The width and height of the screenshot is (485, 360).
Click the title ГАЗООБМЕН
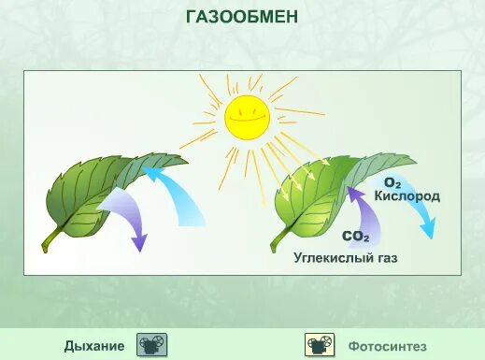tap(242, 17)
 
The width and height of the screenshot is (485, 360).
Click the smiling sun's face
tap(247, 118)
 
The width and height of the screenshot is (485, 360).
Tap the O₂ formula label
tap(392, 183)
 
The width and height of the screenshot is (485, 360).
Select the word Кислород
tap(407, 197)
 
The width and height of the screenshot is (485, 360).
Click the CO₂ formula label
tap(355, 238)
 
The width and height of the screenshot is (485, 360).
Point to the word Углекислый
tap(324, 257)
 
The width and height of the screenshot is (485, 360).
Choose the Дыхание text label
tap(93, 346)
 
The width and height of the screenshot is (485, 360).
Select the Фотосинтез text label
tap(388, 346)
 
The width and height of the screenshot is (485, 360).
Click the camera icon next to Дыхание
tap(151, 345)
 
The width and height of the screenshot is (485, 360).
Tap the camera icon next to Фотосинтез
tap(320, 345)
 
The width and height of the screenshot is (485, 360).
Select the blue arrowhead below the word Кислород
tap(428, 229)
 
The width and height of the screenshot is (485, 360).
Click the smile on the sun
tap(247, 123)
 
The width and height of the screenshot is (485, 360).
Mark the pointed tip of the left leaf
tap(186, 157)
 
